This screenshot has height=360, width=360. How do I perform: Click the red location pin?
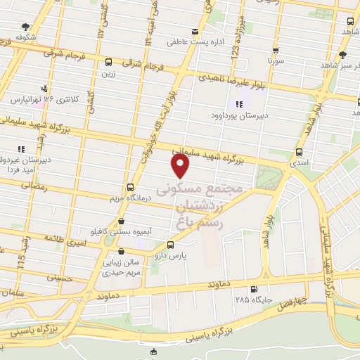click(x=181, y=166)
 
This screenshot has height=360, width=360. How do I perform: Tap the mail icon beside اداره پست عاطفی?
click(x=195, y=32)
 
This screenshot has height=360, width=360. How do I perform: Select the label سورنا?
click(x=275, y=62)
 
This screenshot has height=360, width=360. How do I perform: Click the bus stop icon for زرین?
click(x=108, y=62)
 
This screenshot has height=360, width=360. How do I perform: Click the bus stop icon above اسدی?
click(x=300, y=152)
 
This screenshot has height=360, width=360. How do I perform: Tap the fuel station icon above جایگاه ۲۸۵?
click(x=253, y=288)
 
